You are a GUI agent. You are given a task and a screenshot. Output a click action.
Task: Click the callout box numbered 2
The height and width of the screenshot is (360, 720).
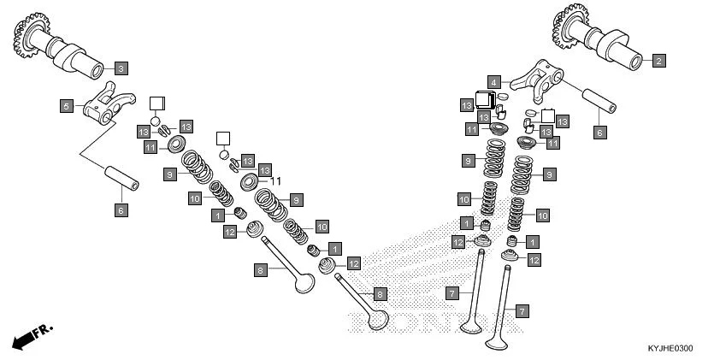658,61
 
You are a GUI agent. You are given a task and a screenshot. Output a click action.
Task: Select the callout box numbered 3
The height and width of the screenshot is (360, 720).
120,68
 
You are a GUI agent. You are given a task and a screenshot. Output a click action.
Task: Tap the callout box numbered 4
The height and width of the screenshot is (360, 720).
494,82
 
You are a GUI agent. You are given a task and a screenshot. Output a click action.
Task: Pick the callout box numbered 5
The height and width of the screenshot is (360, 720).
66,106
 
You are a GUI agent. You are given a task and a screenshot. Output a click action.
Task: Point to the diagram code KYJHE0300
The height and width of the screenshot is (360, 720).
670,349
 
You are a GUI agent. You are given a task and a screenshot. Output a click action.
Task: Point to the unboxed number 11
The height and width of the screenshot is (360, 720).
276,181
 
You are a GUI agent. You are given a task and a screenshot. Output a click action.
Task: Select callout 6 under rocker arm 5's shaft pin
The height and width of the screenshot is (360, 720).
121,210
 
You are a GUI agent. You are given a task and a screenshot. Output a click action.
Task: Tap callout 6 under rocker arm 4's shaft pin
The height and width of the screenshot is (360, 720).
599,133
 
